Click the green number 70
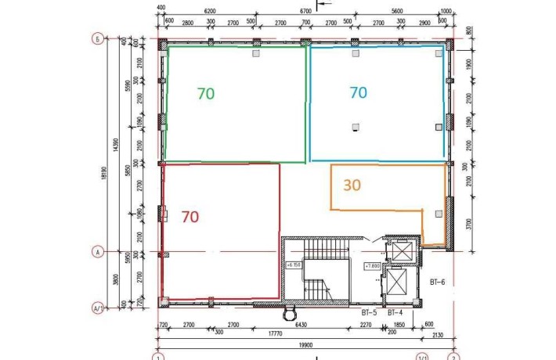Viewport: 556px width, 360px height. (206, 93)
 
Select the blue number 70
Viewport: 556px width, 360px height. (358, 92)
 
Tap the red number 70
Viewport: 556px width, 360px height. (190, 217)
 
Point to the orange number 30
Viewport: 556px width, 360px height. (352, 185)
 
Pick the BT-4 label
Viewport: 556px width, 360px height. (395, 312)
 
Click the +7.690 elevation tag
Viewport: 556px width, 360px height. (372, 265)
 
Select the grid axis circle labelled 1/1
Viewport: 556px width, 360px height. (424, 357)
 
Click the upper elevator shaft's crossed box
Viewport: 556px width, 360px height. (403, 250)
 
